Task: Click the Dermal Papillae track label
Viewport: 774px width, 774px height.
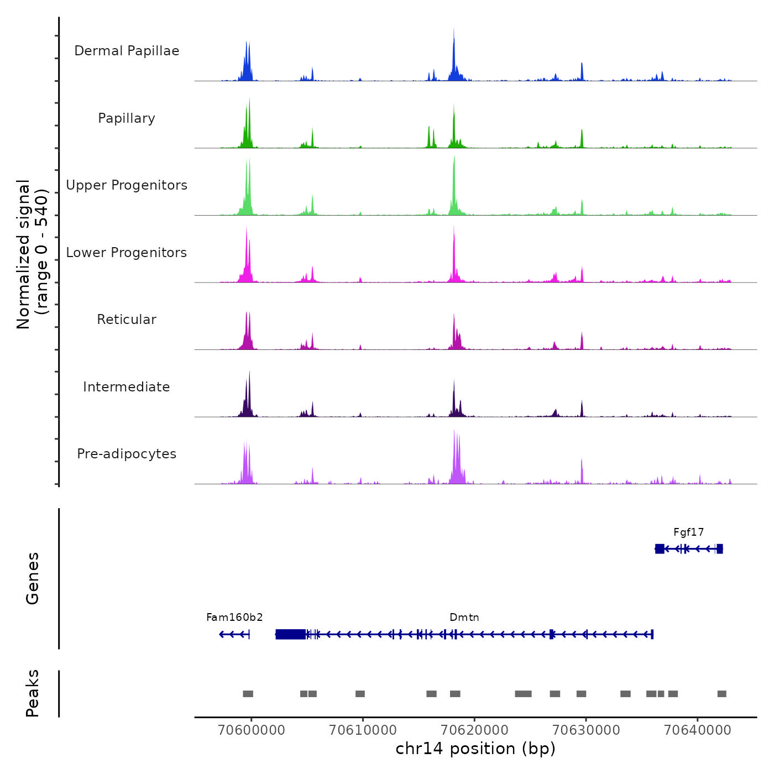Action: pos(127,51)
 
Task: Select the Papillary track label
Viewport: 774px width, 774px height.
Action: pos(127,118)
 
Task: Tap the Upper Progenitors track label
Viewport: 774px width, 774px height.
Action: pos(127,185)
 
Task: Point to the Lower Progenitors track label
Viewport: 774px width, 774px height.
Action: pos(127,253)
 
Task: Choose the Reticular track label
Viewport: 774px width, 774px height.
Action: pos(127,320)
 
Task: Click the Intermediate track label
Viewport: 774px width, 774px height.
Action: pos(127,387)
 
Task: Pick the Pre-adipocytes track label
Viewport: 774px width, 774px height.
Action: pos(127,454)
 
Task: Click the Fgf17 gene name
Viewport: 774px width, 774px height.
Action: pos(688,532)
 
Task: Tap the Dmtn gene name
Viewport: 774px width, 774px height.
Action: pos(464,618)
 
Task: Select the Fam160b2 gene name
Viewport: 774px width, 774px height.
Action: pos(234,618)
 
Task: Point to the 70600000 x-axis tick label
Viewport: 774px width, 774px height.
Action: pos(252,730)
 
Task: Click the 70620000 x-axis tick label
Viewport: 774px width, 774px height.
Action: pos(475,730)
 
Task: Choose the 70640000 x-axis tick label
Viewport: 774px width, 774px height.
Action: pos(698,730)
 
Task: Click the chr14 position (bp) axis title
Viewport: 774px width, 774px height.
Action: pos(475,749)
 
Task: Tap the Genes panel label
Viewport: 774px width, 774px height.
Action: pos(33,578)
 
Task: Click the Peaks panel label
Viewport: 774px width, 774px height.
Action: pos(33,693)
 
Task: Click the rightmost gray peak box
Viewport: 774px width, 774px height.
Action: pos(721,694)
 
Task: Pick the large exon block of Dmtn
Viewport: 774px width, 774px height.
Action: pos(290,634)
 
